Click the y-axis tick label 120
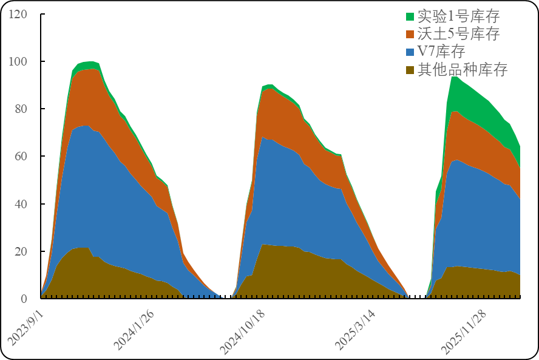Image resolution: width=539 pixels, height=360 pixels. [18, 14]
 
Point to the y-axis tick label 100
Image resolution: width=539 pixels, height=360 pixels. [18, 61]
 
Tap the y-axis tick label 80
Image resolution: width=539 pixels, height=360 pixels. [21, 109]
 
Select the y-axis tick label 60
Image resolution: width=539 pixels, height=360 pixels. [21, 156]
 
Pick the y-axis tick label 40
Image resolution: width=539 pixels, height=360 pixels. [21, 203]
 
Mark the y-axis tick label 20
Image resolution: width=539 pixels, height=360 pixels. [21, 251]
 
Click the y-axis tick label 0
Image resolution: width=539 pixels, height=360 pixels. [24, 299]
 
